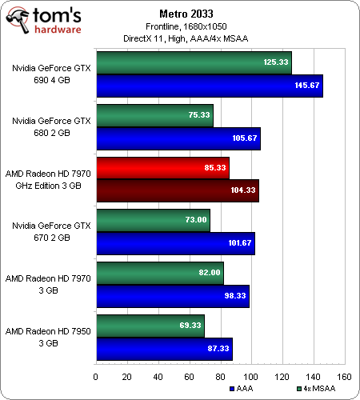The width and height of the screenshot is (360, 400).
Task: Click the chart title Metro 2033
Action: click(186, 14)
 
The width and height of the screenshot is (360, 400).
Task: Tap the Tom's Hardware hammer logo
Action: click(18, 20)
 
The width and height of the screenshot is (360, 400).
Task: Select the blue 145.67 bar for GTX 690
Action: click(210, 86)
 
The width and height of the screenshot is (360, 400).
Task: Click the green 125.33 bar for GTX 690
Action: click(194, 63)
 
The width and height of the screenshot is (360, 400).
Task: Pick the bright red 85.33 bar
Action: click(162, 168)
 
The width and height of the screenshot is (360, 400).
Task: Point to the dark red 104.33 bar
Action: click(178, 190)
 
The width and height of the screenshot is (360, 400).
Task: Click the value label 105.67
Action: click(245, 138)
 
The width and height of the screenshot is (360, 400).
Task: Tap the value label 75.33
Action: click(199, 115)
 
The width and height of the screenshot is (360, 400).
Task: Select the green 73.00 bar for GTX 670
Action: click(153, 220)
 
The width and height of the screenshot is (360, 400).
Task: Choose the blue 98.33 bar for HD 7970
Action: click(173, 296)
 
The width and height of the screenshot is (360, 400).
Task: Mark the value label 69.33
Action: click(190, 326)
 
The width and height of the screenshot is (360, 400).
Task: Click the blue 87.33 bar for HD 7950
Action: click(164, 349)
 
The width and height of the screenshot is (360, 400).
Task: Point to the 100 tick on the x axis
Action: click(251, 377)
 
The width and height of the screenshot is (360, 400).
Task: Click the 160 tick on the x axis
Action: click(344, 377)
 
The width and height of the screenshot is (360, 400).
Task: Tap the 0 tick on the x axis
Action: click(96, 377)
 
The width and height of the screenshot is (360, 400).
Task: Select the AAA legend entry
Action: click(241, 389)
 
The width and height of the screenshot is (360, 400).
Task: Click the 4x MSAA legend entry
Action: click(316, 389)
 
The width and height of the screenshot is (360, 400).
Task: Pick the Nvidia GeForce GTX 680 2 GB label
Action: click(51, 126)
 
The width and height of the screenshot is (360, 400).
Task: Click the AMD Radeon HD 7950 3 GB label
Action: click(48, 337)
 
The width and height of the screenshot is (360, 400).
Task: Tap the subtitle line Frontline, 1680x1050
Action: click(186, 26)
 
